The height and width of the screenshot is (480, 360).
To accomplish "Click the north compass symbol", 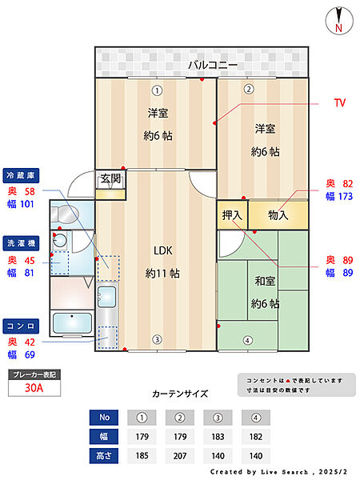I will (338, 20).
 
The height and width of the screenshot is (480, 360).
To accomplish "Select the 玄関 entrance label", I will (110, 179).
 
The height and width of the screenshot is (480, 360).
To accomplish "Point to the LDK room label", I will (162, 250).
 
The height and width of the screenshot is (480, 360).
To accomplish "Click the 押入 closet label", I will (232, 214).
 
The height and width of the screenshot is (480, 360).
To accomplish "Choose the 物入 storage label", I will (278, 214).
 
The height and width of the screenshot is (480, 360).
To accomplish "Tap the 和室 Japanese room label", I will (264, 281).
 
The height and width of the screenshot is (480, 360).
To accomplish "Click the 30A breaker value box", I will (34, 389).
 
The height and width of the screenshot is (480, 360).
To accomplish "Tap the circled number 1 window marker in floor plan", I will (158, 90).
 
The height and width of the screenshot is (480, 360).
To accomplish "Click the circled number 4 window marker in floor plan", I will (248, 340).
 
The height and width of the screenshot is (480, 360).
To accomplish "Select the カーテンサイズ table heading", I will (180, 394).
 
